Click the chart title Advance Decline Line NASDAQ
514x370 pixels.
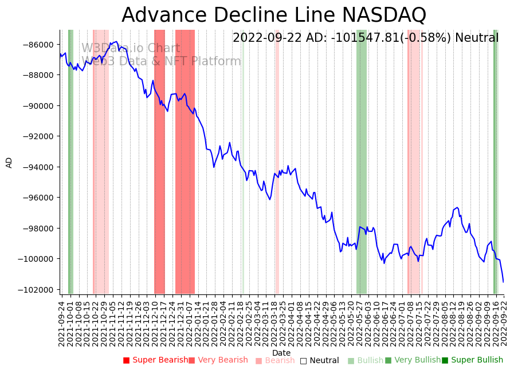pos(274,15)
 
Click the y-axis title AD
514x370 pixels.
pos(9,162)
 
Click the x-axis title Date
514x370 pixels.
pos(281,353)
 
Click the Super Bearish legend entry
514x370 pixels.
pos(155,360)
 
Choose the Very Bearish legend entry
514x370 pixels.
pos(218,360)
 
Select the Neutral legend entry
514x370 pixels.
pos(320,361)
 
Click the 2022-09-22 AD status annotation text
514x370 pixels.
pos(366,38)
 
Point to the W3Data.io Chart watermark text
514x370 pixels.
pos(131,49)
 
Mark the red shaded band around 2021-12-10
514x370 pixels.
pos(159,160)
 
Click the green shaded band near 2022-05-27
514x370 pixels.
pos(362,160)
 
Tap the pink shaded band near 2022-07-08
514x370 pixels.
pos(414,160)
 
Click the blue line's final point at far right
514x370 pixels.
pos(504,282)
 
